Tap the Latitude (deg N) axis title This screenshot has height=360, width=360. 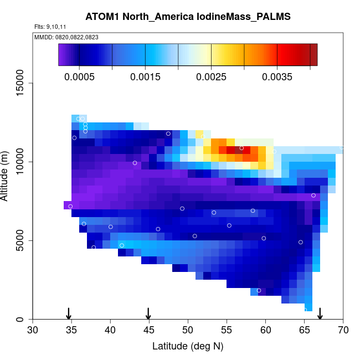(188, 346)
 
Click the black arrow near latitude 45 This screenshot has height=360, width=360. (148, 313)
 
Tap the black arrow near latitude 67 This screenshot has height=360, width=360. (320, 313)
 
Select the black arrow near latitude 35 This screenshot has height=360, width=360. (68, 313)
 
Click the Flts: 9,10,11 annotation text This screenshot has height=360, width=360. (50, 27)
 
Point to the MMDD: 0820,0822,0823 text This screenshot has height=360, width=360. (66, 37)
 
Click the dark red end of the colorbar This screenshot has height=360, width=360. (313, 55)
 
